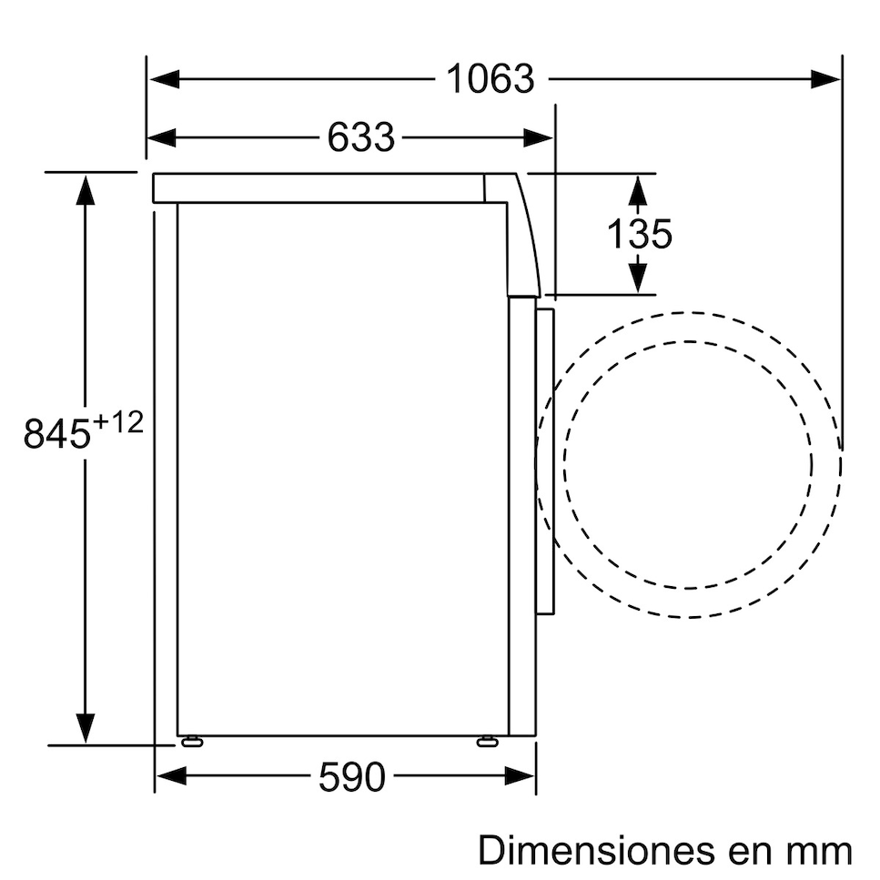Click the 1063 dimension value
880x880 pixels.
click(490, 80)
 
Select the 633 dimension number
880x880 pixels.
click(361, 137)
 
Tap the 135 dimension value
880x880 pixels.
click(639, 234)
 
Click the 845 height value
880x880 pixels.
click(57, 433)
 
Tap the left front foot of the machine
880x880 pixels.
click(192, 741)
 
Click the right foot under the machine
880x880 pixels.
click(487, 741)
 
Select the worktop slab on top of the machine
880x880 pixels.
click(319, 188)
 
